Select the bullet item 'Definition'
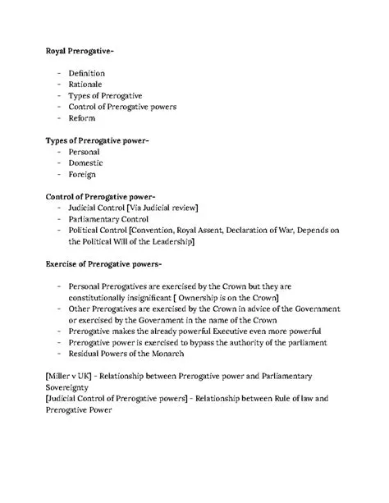coord(88,73)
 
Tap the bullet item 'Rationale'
coord(87,85)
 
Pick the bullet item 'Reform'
coord(83,118)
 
